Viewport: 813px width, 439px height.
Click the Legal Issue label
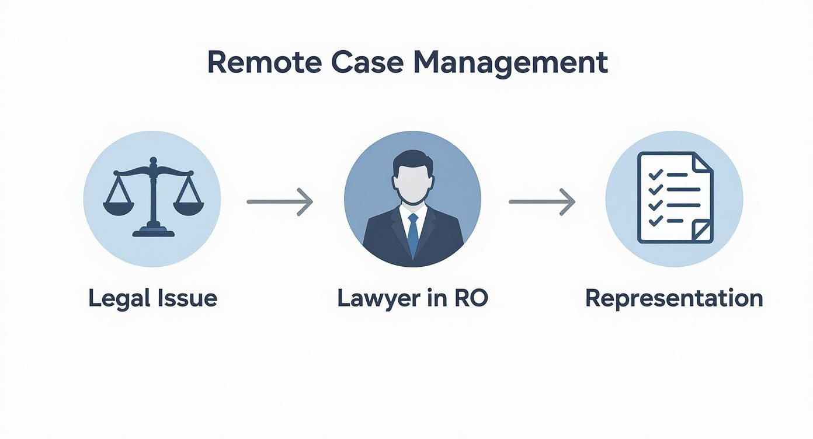tap(152, 298)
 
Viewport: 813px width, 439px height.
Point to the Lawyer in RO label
tap(412, 298)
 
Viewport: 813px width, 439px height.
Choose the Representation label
tap(674, 298)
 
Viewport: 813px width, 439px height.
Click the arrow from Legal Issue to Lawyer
tap(280, 201)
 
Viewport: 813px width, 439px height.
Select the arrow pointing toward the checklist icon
tap(542, 201)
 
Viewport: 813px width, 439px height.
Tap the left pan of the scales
tap(119, 207)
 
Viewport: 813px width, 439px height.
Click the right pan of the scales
tap(188, 207)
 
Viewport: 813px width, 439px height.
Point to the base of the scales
tap(153, 232)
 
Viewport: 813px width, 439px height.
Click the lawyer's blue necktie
tap(413, 233)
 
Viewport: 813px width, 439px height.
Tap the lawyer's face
tap(412, 182)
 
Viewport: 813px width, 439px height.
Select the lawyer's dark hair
tap(412, 159)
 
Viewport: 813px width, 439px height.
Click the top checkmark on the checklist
tap(655, 175)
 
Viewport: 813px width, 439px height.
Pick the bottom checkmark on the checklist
tap(655, 221)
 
